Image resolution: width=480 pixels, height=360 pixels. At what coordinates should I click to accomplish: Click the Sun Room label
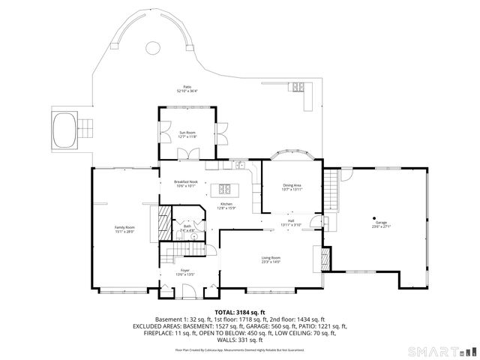[x=187, y=135]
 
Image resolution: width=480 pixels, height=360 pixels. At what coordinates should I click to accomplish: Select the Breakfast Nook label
[x=186, y=184]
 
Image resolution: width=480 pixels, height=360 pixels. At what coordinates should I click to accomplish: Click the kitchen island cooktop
[x=225, y=188]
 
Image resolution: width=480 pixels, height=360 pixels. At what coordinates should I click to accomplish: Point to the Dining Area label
[x=292, y=187]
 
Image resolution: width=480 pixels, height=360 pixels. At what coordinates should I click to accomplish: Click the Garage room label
[x=382, y=223]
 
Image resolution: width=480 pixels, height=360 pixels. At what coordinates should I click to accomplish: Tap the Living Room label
[x=271, y=259]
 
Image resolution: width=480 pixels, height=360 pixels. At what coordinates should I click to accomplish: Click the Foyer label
[x=185, y=272]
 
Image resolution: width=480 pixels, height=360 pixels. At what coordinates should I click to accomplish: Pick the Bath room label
[x=187, y=228]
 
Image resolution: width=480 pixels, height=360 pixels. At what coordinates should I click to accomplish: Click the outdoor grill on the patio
[x=300, y=86]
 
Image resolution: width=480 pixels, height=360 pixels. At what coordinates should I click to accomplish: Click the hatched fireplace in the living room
[x=325, y=259]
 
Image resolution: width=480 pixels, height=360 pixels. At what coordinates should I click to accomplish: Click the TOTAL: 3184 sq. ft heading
[x=240, y=312]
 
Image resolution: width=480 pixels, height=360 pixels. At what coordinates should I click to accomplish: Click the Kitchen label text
[x=226, y=206]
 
